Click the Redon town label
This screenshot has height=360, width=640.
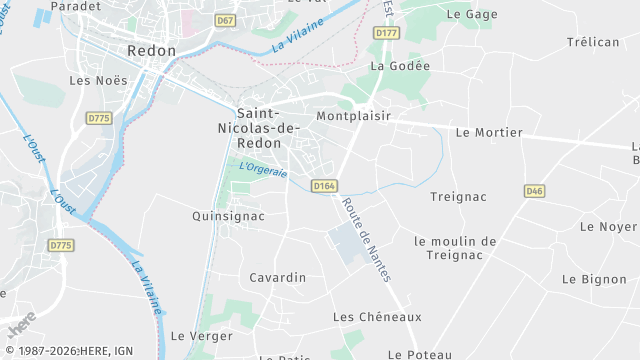pyautogui.click(x=152, y=50)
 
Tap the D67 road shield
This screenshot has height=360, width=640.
pyautogui.click(x=226, y=20)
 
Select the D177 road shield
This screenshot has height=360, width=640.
pyautogui.click(x=386, y=33)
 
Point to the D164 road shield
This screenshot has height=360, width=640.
pyautogui.click(x=323, y=185)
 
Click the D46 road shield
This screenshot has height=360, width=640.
pyautogui.click(x=535, y=191)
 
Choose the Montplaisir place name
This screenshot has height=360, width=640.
pyautogui.click(x=352, y=116)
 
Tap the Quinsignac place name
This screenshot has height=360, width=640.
pyautogui.click(x=228, y=215)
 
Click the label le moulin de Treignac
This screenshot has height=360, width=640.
pyautogui.click(x=455, y=247)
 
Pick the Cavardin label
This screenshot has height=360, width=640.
pyautogui.click(x=277, y=277)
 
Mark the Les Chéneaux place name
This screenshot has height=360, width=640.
pyautogui.click(x=377, y=316)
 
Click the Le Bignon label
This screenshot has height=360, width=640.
pyautogui.click(x=594, y=279)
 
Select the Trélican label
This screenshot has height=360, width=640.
pyautogui.click(x=594, y=42)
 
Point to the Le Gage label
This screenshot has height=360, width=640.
pyautogui.click(x=471, y=14)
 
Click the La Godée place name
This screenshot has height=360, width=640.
pyautogui.click(x=399, y=66)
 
